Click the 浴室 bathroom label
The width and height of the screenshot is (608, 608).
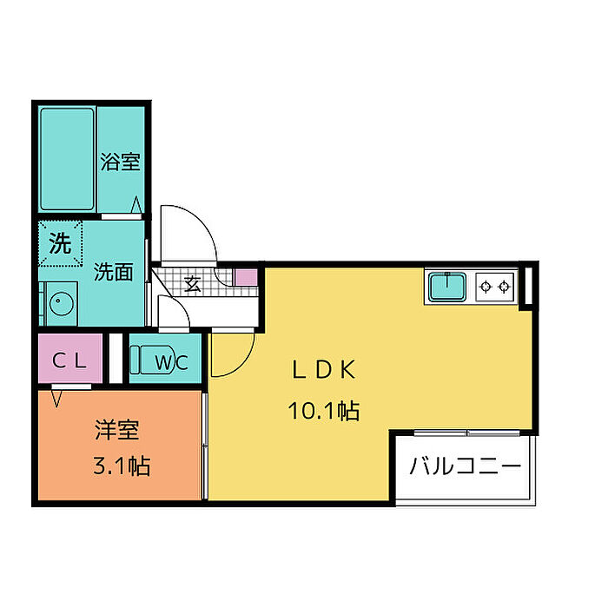coord(120,162)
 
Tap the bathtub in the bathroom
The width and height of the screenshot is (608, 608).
coord(68,159)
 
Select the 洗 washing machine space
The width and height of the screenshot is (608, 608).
coord(61,243)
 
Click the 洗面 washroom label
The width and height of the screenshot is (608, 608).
coord(113,272)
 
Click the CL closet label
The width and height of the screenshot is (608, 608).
coord(69,361)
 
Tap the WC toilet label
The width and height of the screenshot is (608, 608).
coord(171,362)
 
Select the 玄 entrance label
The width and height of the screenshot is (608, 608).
coord(192,284)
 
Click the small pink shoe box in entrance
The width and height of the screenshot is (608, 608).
coord(247,278)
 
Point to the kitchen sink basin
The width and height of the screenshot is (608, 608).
coord(447,287)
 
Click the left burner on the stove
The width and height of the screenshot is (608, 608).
coord(485,287)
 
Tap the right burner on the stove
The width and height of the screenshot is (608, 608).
coord(504,287)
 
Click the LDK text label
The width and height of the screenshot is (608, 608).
coord(323,370)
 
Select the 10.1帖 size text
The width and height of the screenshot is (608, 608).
coord(324,411)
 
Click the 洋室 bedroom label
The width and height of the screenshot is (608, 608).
coord(116,430)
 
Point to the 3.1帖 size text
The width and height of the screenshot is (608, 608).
coord(122,466)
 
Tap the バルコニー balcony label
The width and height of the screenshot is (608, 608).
coord(466,466)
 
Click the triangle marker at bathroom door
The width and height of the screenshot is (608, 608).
coord(136,205)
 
